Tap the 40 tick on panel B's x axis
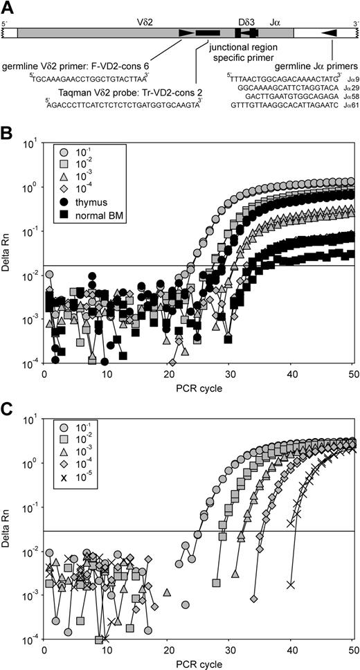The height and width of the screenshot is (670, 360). tap(291, 374)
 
